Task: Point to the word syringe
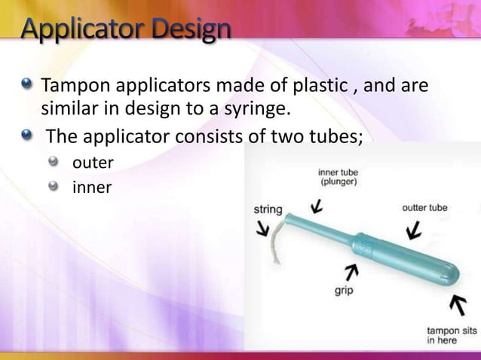253,111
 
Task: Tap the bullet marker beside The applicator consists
27,136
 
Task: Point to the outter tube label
424,207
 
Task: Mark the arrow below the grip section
350,270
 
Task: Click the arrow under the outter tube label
412,229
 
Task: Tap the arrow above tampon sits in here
456,305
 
